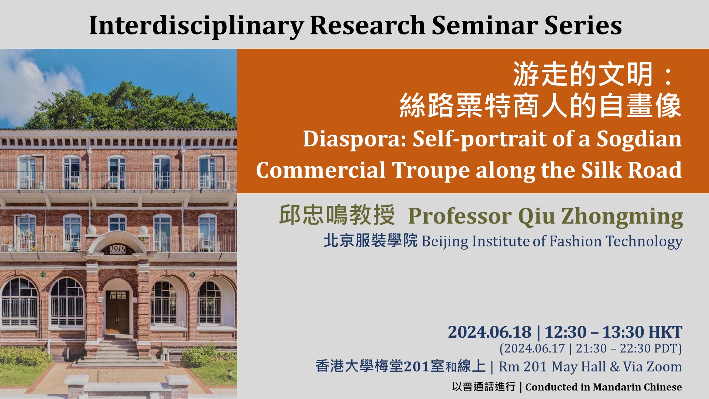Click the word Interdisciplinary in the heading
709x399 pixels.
(x=196, y=26)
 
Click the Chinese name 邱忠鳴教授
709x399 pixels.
(x=337, y=215)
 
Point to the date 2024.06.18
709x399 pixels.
(x=489, y=332)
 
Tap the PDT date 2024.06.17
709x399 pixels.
(x=532, y=348)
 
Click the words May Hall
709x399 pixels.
(x=579, y=367)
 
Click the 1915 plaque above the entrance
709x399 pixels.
(x=117, y=250)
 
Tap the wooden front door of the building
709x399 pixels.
(x=117, y=313)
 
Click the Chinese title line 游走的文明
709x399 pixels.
(x=583, y=75)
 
